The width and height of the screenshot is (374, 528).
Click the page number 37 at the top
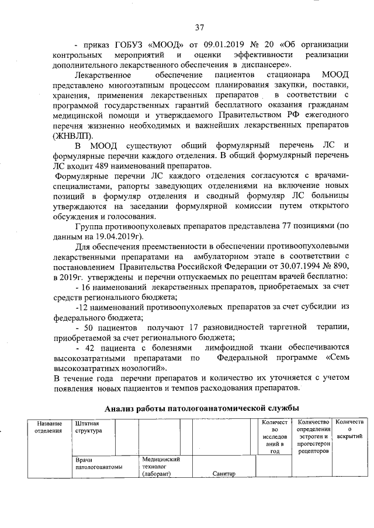200,27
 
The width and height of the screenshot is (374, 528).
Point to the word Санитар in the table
224,473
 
